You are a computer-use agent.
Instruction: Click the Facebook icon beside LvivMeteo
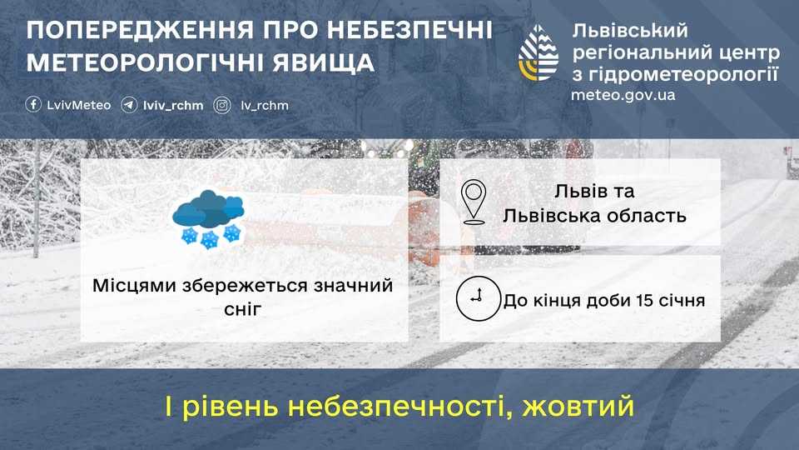34,105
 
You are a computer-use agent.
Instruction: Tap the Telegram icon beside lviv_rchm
129,105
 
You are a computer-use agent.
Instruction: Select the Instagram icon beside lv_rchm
222,105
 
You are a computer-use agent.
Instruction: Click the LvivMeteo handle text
79,106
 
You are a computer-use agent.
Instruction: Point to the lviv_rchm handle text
173,106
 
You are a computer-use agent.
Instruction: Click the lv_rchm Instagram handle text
264,106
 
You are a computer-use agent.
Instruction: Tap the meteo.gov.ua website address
623,95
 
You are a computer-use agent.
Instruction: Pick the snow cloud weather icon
209,218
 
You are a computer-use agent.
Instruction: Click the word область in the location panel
646,216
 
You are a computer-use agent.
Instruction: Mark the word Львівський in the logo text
631,32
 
